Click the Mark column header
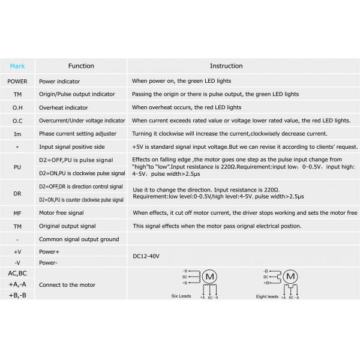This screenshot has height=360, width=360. [17, 66]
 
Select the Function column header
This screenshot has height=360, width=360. [81, 66]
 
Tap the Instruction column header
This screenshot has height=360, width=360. [226, 66]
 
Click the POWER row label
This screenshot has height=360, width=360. [17, 81]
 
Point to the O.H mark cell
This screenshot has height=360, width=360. [17, 107]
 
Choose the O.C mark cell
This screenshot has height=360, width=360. [17, 121]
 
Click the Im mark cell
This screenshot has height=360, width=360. [17, 134]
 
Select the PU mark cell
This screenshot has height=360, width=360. [17, 166]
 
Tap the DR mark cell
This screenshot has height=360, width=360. [17, 193]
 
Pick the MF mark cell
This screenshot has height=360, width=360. [17, 213]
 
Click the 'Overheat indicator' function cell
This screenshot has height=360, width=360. [64, 107]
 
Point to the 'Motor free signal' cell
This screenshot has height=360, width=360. [62, 213]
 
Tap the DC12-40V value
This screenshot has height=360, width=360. [146, 256]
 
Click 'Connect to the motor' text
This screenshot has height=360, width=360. [67, 284]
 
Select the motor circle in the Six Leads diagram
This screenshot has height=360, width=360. [209, 277]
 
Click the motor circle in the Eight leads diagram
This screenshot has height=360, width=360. [290, 277]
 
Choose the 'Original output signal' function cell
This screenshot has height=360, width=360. [67, 226]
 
